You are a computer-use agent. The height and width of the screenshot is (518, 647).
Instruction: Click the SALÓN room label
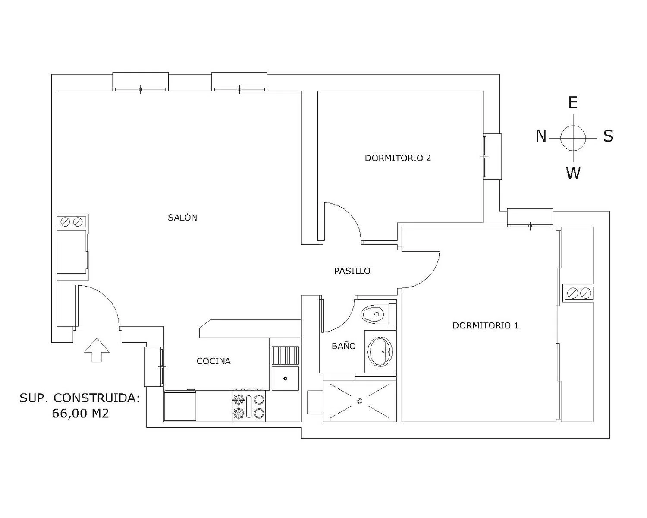pos(182,217)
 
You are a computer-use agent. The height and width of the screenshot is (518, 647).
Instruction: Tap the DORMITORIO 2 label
pos(398,158)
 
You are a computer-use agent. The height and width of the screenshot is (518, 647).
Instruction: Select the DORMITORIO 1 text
pos(485,325)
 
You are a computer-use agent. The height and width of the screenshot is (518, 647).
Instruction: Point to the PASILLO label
pos(352,271)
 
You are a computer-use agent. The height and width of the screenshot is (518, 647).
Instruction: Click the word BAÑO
pos(344,346)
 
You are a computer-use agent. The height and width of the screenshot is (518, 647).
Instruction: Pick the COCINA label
pos(214,361)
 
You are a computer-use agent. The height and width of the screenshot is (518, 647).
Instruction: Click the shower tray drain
pos(359,401)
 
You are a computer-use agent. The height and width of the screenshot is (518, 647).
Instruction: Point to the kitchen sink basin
pos(285,378)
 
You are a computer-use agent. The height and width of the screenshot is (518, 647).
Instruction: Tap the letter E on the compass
pos(573,103)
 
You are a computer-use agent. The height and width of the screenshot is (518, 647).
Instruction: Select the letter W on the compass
pos(573,173)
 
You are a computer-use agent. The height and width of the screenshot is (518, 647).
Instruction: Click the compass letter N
pos(541,136)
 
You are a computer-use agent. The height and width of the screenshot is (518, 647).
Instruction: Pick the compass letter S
pos(608,136)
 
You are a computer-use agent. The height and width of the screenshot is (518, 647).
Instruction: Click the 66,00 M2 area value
pos(80,414)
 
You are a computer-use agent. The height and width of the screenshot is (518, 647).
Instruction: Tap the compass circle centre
pos(573,138)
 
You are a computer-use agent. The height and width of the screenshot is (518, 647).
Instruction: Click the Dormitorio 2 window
pos(492,157)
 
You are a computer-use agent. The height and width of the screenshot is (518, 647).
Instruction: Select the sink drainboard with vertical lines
pos(285,355)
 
